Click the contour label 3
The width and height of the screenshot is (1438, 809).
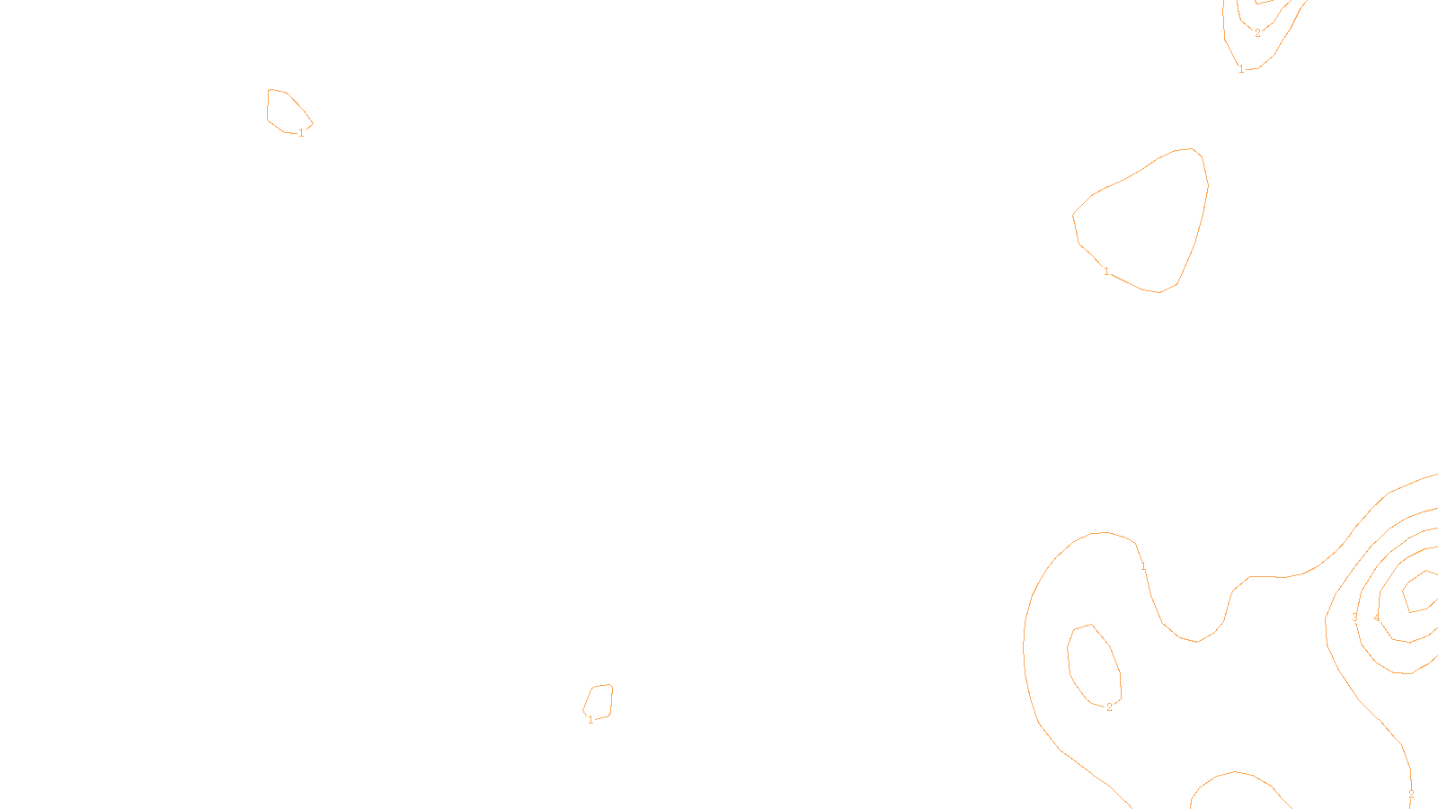1354,618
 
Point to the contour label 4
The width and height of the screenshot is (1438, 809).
1376,618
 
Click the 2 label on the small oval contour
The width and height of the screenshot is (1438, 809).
1109,707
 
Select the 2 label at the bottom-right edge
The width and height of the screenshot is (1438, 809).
1411,795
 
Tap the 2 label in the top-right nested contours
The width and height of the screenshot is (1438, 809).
1257,33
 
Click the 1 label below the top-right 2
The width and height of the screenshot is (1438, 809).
1241,69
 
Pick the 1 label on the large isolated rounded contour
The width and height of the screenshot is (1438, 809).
1106,271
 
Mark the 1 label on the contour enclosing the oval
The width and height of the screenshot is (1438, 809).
1143,566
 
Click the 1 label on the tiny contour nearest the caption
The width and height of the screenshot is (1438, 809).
590,720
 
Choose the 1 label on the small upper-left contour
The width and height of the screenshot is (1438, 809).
301,133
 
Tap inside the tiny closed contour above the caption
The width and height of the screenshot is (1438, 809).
599,701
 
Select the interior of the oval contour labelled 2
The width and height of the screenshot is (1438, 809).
1093,665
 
